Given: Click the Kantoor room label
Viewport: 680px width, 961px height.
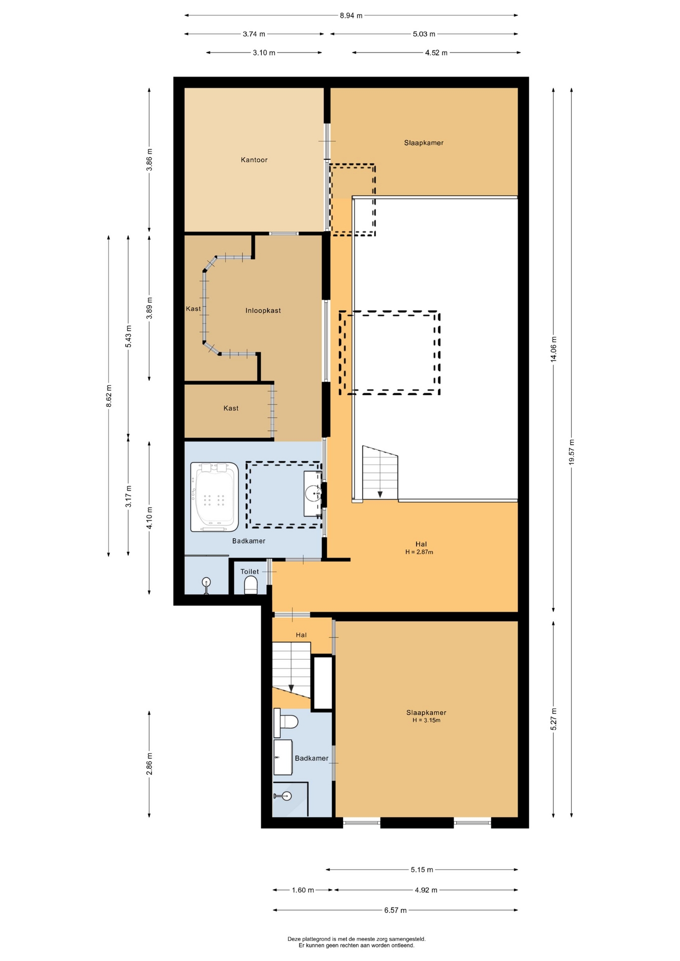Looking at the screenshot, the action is [254, 160].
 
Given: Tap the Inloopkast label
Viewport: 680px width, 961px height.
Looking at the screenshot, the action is [263, 311].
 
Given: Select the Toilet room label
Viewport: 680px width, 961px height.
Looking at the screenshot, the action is [249, 572].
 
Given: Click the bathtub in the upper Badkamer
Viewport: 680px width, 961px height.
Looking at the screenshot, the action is [214, 497].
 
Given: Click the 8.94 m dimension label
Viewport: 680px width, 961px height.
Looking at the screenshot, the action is [351, 16].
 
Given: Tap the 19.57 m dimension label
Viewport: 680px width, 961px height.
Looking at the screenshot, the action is [571, 452].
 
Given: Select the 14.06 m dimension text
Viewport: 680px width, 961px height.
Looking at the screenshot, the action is [553, 349].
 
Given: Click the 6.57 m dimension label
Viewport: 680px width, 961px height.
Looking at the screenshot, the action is [395, 910].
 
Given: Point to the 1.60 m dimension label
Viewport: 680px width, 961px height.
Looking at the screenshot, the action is [303, 890].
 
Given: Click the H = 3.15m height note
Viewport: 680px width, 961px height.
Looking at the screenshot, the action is [426, 720].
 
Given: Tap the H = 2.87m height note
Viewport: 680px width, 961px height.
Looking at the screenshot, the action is [419, 552].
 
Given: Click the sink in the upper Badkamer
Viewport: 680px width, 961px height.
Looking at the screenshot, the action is [313, 494].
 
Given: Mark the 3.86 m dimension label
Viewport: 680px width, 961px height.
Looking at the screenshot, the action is [149, 160].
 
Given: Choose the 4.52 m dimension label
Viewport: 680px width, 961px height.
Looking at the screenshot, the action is [436, 53].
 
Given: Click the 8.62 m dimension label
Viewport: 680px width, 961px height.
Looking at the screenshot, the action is [109, 396].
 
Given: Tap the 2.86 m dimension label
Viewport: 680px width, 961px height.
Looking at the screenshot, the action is [149, 764].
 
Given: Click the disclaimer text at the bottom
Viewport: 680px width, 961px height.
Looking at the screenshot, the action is [357, 942].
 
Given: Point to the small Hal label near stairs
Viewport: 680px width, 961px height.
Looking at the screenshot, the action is [301, 635].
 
